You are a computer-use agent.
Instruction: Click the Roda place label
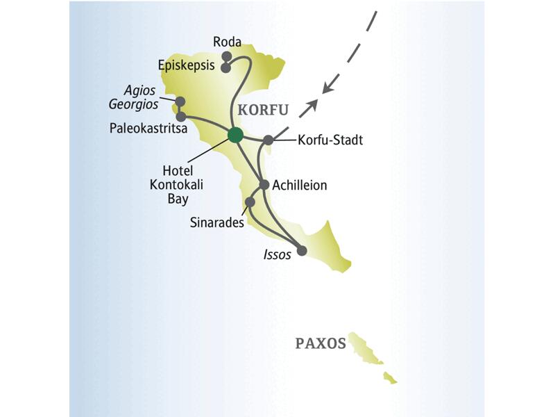click(227, 42)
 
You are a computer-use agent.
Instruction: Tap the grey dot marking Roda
click(225, 56)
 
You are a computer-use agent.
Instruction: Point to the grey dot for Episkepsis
click(225, 68)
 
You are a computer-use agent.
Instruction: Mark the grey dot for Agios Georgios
click(180, 101)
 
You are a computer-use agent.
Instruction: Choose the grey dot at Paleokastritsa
click(180, 117)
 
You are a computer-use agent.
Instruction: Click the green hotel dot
click(235, 135)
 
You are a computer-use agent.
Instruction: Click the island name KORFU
click(263, 111)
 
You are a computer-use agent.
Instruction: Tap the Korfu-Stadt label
click(330, 140)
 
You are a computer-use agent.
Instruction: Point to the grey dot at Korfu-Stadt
click(268, 140)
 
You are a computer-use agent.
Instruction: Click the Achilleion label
click(300, 186)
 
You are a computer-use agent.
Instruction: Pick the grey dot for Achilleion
click(264, 185)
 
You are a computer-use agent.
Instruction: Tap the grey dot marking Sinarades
click(250, 202)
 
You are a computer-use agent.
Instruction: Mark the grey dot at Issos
click(301, 251)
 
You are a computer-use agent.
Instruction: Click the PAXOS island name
click(320, 343)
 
